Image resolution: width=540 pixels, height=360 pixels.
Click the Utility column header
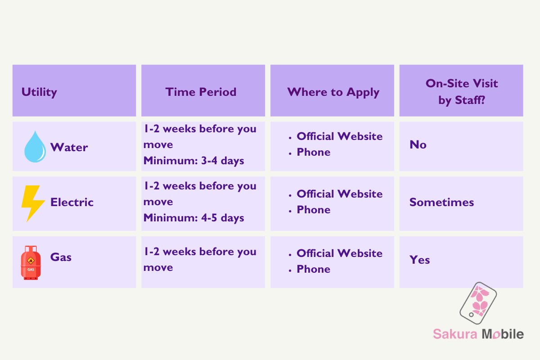[x=39, y=92]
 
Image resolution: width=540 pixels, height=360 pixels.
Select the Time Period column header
[x=201, y=92]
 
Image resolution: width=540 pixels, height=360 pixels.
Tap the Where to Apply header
[x=333, y=92]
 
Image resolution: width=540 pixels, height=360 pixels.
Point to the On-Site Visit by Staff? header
[x=462, y=92]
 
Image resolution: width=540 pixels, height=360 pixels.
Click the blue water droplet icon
[x=35, y=147]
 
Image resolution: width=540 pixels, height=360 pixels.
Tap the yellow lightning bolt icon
[x=33, y=203]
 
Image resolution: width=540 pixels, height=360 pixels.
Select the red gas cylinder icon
[x=31, y=263]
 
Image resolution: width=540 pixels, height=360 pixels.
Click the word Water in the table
[x=69, y=147]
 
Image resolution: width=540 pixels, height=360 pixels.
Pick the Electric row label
[x=72, y=202]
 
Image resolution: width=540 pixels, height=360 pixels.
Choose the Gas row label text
[x=61, y=257]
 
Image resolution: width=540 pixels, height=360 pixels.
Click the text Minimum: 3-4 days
[x=193, y=161]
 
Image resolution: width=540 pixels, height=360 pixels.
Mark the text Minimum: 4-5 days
[x=193, y=218]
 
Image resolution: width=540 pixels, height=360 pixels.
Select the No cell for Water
[x=418, y=145]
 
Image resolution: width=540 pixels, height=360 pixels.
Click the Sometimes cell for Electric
[x=441, y=202]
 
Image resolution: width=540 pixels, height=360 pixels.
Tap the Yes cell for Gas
[x=420, y=260]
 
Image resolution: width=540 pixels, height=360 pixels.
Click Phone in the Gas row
[x=313, y=269]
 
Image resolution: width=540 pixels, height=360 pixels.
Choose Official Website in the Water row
[x=339, y=136]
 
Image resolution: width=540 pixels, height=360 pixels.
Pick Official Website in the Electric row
[x=339, y=194]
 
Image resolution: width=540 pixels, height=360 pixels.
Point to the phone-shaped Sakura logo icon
[x=478, y=303]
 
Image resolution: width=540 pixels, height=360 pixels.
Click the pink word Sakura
[x=455, y=334]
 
